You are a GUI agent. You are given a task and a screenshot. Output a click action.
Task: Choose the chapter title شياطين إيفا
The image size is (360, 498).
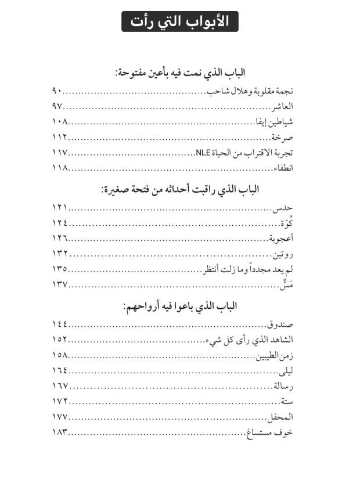[x=275, y=122]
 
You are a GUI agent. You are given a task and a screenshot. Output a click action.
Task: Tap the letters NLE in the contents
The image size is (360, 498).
[x=201, y=153]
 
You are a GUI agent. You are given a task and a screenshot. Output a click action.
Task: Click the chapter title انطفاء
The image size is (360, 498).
[x=283, y=168]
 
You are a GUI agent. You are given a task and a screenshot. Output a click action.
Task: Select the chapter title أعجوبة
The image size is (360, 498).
[x=280, y=238]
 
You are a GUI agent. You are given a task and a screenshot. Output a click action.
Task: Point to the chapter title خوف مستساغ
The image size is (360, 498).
[x=268, y=432]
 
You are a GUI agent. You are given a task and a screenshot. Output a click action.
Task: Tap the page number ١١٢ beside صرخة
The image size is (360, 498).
[x=60, y=138]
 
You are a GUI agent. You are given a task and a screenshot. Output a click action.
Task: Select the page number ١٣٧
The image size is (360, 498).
[x=60, y=284]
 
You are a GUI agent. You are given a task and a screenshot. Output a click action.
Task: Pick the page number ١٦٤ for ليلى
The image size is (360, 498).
[x=60, y=370]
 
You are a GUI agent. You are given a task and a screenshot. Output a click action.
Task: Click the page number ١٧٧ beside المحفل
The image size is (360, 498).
[x=60, y=417]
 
